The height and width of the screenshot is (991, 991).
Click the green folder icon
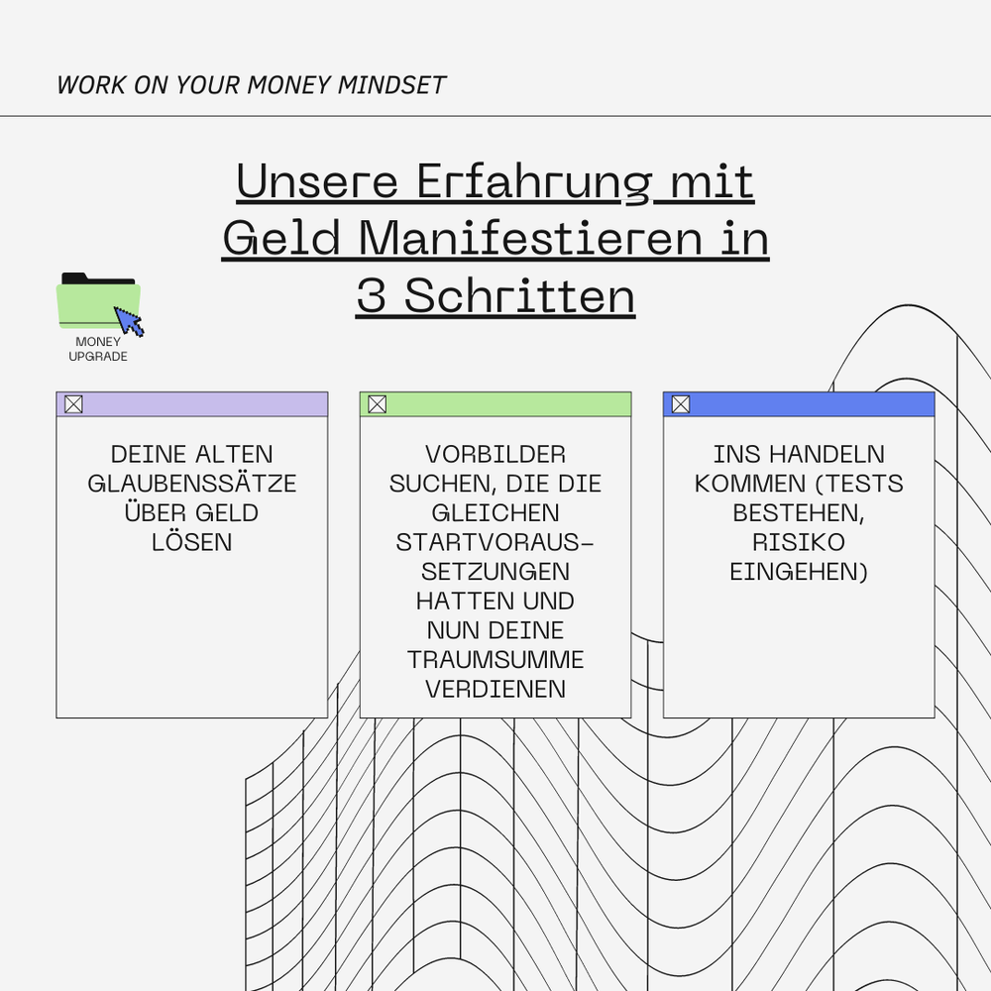coord(94,301)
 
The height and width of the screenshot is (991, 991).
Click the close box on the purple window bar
coord(73,404)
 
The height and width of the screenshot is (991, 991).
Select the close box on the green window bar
coord(377,404)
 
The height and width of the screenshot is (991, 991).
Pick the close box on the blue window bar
coord(680,404)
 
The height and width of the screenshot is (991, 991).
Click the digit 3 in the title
coord(371,296)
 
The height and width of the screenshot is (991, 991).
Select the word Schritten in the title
coord(519,296)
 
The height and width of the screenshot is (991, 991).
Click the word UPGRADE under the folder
coord(98,357)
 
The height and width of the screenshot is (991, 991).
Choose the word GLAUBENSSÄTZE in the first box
coord(192,484)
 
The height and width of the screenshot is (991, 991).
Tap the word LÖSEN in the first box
coord(192,542)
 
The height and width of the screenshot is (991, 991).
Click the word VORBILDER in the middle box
coord(495,455)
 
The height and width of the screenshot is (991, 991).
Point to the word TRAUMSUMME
coord(495,660)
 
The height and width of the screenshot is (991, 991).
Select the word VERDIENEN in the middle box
coord(495,689)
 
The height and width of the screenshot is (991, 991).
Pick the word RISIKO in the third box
coord(799,542)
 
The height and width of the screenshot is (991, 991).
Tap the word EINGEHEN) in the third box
coord(799,572)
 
